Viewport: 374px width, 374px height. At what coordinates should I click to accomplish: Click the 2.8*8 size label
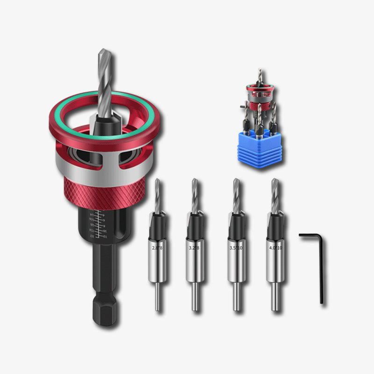[157, 248]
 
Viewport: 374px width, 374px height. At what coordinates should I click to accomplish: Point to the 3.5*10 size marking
[236, 248]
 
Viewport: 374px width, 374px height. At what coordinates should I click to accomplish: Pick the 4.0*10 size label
[275, 248]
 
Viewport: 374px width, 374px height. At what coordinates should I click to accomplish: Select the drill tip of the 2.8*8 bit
[158, 192]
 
